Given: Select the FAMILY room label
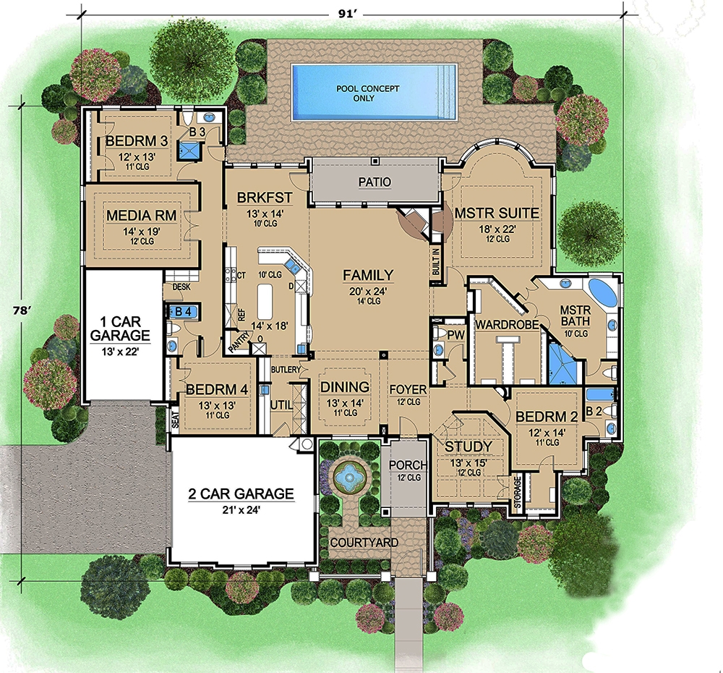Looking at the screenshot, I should coord(368,275).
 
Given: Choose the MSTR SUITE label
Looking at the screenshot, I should coord(497,213).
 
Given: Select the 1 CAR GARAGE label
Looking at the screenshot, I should coord(120,329).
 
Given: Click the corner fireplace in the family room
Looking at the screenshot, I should coord(418,221).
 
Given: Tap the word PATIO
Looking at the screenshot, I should coord(374,182).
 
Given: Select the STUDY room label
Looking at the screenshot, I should coord(469,446).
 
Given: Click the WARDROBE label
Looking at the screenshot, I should coord(506,325).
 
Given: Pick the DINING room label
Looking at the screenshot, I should coord(344,387).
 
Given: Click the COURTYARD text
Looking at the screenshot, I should coord(359,542).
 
